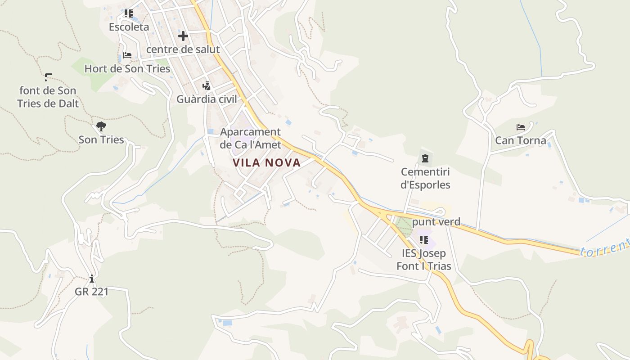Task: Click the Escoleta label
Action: point(129,27)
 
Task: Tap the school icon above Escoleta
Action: point(129,13)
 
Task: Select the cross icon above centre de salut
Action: point(183,36)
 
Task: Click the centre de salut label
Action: point(183,49)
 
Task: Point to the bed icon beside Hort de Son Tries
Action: point(127,56)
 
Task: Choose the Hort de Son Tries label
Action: point(127,69)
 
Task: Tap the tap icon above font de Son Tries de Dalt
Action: point(48,77)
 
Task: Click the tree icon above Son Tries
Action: point(101,126)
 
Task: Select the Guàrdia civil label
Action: point(207,99)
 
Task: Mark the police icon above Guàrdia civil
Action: point(207,85)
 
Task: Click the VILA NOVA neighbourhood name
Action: point(266,163)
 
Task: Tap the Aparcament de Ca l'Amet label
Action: point(250,138)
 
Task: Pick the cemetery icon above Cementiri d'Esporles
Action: point(425,158)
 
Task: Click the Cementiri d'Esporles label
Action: point(425,178)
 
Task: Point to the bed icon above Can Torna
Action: point(521,127)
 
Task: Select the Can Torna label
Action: point(521,140)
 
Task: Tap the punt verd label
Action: point(436,222)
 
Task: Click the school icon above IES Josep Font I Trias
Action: point(423,239)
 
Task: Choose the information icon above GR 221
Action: point(92,279)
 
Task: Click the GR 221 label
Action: point(92,292)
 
